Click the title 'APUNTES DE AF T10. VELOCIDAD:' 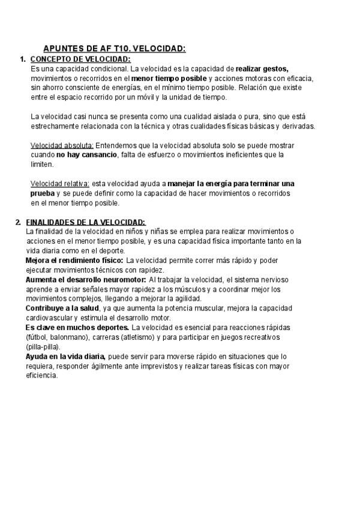[x=115, y=49]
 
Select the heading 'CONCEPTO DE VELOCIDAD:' [x=80, y=59]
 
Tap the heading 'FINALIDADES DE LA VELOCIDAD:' [x=85, y=222]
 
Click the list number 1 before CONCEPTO [x=22, y=59]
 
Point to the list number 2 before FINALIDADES [x=18, y=222]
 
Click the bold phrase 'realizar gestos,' [x=262, y=68]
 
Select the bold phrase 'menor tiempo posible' [x=169, y=78]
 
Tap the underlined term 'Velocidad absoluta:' [x=62, y=145]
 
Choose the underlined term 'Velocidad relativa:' [x=59, y=183]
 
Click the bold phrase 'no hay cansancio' [x=86, y=155]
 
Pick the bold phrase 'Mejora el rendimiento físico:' [x=74, y=261]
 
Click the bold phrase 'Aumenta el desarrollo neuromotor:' [x=86, y=280]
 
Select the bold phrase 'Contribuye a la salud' [x=62, y=308]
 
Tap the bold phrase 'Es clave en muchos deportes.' [x=77, y=327]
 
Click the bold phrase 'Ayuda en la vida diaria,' [x=65, y=356]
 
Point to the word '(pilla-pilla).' [x=43, y=346]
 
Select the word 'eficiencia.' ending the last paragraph [x=41, y=375]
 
